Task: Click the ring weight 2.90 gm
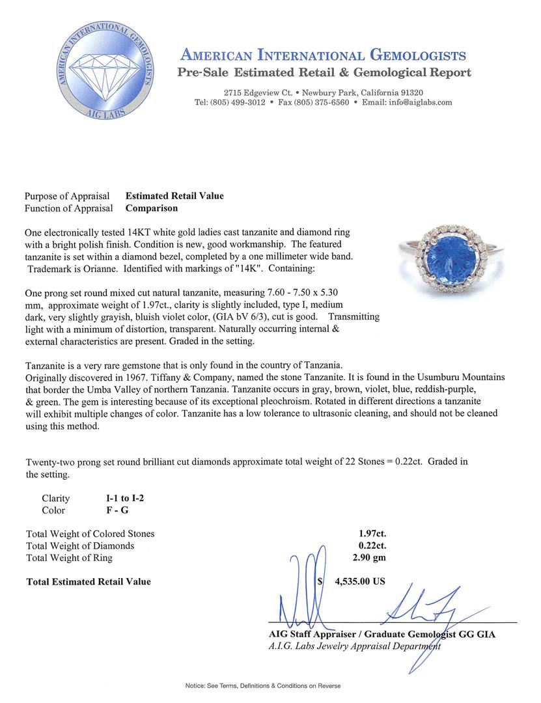[x=368, y=558]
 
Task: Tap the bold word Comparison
[x=152, y=208]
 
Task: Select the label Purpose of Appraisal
[x=68, y=196]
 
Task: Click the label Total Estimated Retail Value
[x=89, y=581]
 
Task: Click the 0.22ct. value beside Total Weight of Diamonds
[x=372, y=545]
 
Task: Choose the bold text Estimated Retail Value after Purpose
[x=174, y=196]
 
